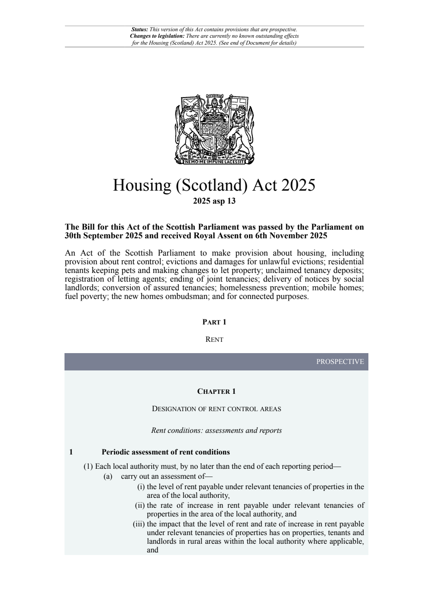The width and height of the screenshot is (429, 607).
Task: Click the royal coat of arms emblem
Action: coord(214,129)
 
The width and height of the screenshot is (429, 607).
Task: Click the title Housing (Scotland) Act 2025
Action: coord(214,185)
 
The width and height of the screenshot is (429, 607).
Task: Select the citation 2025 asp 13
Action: coord(214,201)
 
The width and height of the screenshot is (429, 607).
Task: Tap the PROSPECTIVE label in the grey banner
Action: coord(340,362)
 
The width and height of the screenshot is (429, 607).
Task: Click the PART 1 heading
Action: coord(214,322)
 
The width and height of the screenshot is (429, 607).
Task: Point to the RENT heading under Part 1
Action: coord(214,340)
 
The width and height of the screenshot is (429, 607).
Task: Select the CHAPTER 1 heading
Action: coord(216,392)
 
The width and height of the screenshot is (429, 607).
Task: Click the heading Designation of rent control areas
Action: coord(216,409)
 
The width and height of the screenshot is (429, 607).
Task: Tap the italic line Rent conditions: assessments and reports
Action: coord(216,431)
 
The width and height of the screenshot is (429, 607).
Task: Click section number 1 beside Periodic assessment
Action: coord(71,452)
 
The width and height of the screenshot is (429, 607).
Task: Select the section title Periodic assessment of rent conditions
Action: coord(166,452)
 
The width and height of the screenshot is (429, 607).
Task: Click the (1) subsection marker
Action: coord(88,467)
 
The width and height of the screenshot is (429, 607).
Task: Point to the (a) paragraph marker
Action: coord(108,477)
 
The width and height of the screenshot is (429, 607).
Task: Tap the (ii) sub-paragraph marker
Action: coord(140,505)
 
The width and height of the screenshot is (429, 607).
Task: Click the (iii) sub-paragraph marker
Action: coord(139,524)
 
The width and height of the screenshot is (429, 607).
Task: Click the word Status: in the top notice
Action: coord(139,29)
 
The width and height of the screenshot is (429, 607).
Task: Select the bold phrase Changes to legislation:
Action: coord(157,36)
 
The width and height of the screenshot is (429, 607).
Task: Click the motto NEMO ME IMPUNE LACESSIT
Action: coord(214,162)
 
